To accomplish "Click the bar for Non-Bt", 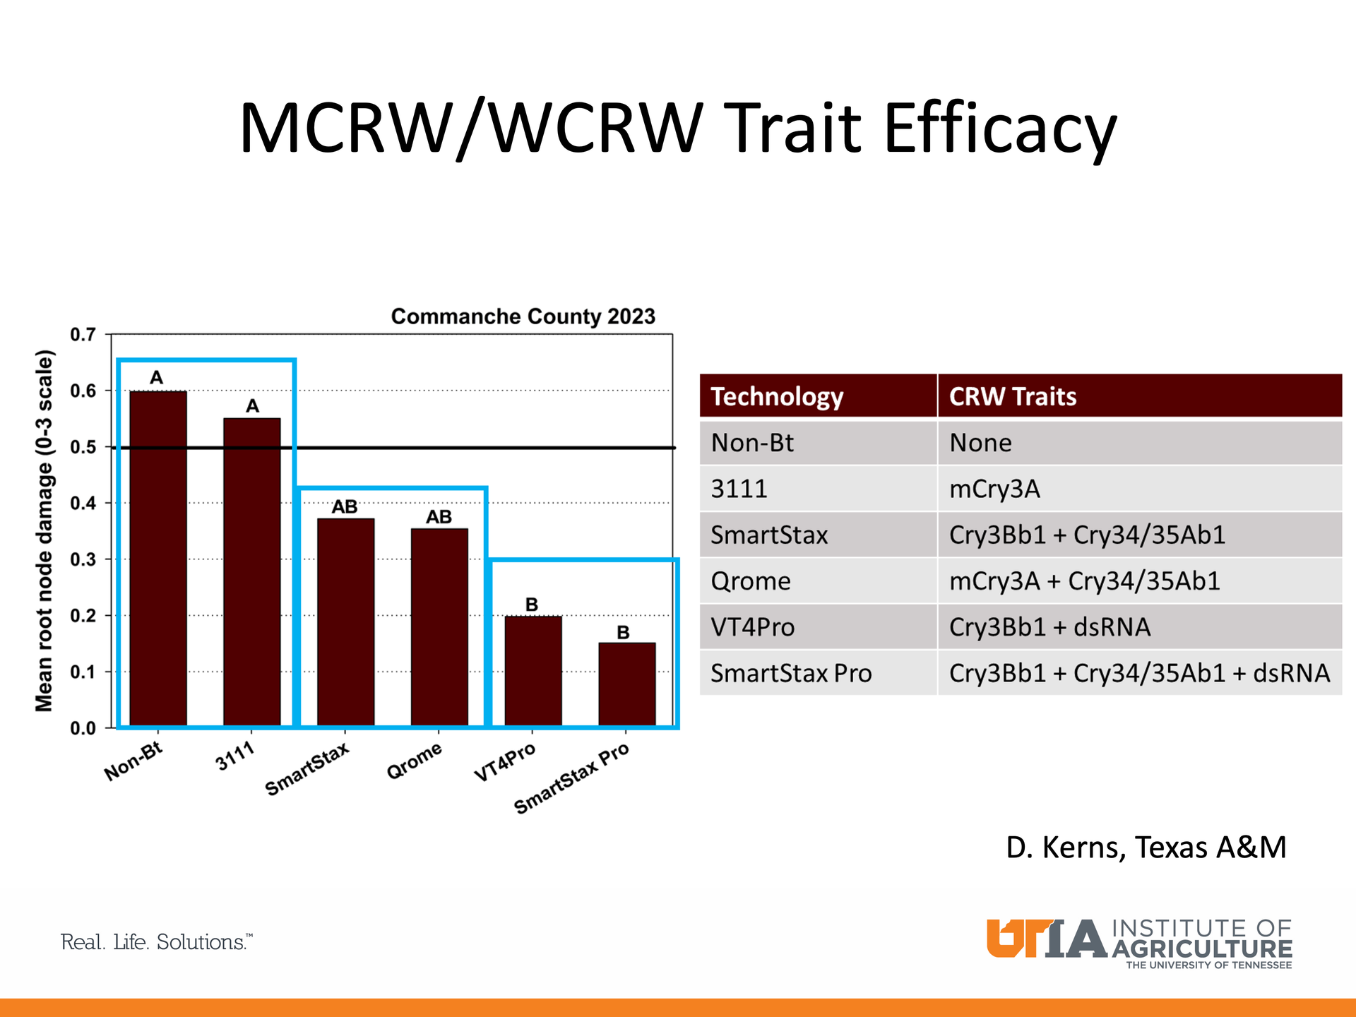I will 158,558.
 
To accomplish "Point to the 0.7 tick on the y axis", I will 83,335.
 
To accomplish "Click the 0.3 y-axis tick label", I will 83,559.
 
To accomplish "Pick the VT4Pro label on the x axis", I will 504,763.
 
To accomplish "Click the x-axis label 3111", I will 234,756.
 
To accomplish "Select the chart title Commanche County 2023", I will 523,316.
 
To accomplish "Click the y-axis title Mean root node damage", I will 44,530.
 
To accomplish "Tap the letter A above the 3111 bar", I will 252,406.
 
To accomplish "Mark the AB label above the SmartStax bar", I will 345,507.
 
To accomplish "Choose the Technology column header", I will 777,396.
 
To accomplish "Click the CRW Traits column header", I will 1012,396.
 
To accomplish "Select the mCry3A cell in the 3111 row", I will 994,489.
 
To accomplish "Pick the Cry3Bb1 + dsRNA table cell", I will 1049,627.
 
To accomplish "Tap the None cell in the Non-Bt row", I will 980,443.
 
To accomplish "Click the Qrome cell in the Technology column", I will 751,581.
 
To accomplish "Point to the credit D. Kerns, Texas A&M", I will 1146,847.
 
